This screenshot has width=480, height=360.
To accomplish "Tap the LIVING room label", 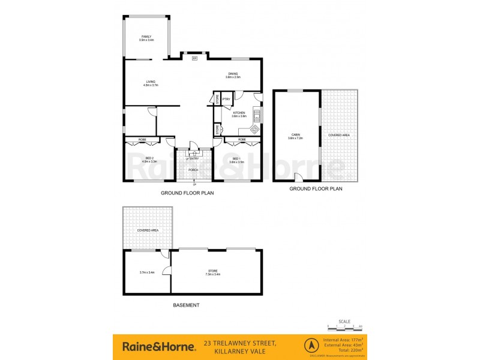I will click(151, 82).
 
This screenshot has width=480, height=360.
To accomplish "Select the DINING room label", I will click(233, 74).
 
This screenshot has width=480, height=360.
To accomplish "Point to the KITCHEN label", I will click(239, 113).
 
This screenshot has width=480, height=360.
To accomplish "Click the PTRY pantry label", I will click(226, 100).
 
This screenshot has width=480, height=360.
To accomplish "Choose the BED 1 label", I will click(236, 158).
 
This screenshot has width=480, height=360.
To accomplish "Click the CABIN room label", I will click(296, 135).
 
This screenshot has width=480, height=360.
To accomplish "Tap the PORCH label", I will click(193, 170).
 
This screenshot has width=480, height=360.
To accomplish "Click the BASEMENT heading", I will click(187, 305).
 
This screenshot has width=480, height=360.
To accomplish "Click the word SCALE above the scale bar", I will click(344, 321).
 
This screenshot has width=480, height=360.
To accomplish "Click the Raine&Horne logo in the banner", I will click(159, 346).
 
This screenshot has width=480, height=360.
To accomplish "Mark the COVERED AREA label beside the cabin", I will click(338, 135).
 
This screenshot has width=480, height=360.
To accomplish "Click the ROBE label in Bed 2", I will click(142, 140).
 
